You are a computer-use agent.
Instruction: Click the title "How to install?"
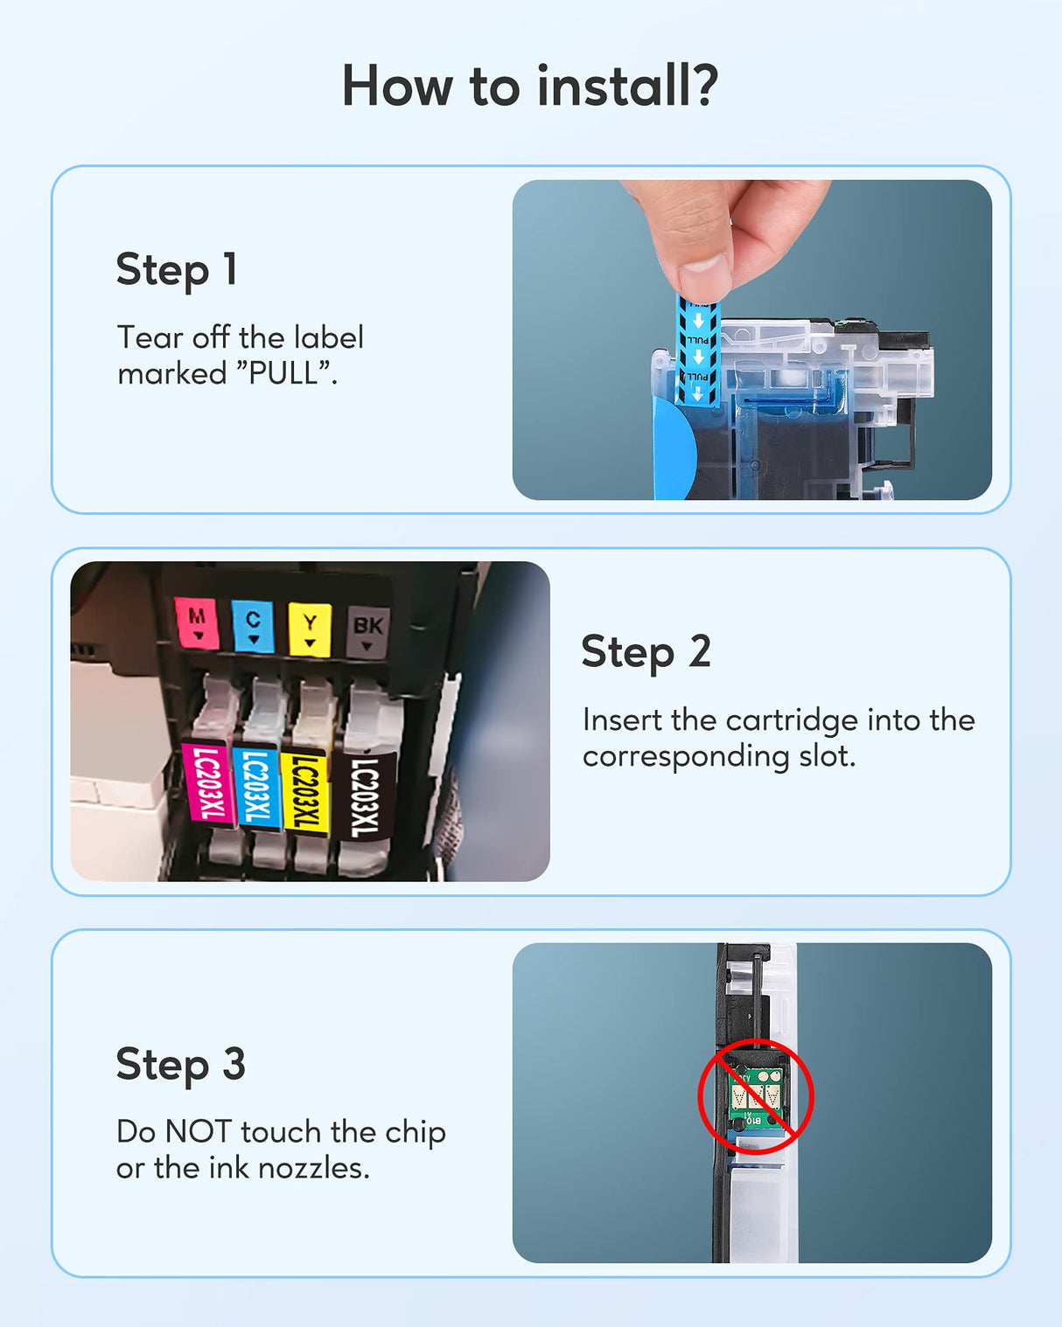529,87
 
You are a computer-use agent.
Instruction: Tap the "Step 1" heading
177,269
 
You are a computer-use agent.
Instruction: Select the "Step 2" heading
646,652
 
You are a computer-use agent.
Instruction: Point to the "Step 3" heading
180,1065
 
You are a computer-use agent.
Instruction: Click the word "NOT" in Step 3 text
199,1132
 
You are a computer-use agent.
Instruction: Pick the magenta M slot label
197,623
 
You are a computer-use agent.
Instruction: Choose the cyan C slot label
253,626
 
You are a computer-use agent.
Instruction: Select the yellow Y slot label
310,629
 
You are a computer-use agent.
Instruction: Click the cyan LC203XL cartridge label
256,788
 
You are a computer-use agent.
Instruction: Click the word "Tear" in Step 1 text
150,337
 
